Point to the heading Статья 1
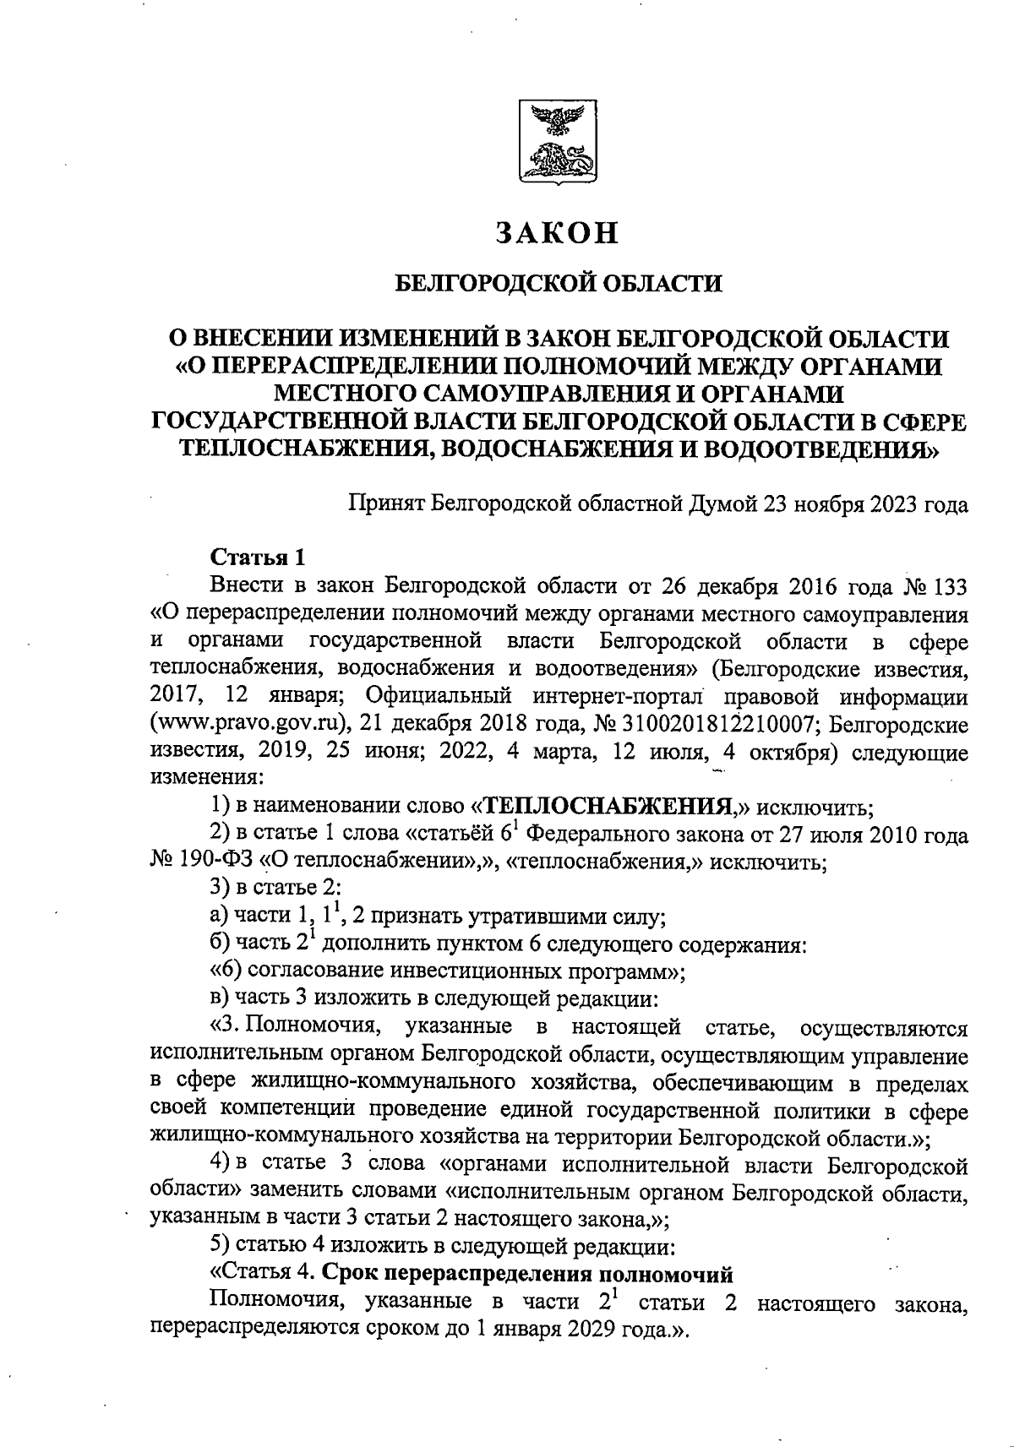[257, 558]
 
